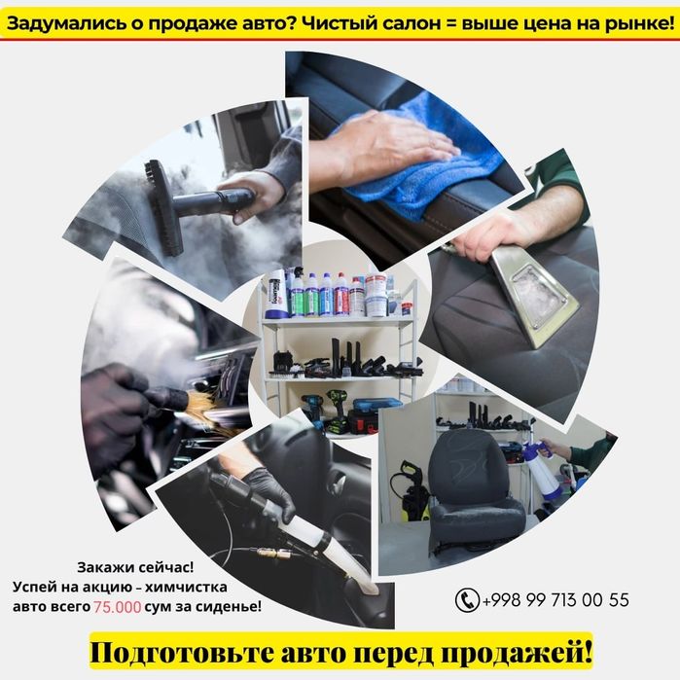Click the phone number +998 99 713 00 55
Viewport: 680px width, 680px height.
pos(555,600)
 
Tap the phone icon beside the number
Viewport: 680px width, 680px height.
pos(467,600)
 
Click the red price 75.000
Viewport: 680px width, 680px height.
pos(118,606)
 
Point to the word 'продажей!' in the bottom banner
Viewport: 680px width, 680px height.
pos(526,649)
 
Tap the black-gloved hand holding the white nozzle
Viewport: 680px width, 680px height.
pos(267,491)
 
